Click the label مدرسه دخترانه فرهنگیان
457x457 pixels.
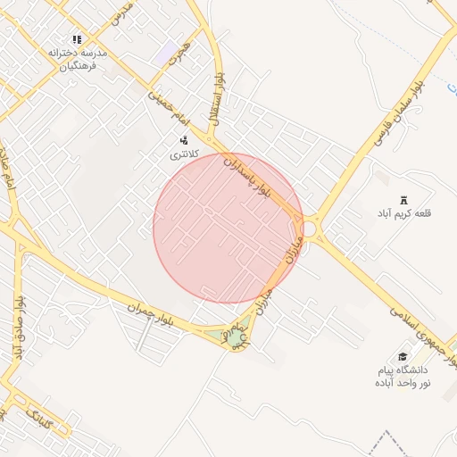tap(78, 59)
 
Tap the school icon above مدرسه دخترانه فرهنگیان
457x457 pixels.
tap(77, 39)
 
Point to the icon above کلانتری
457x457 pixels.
tap(184, 139)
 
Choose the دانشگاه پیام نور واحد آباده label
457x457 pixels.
tap(403, 376)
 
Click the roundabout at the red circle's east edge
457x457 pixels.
tap(310, 229)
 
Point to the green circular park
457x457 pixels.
tap(234, 338)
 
